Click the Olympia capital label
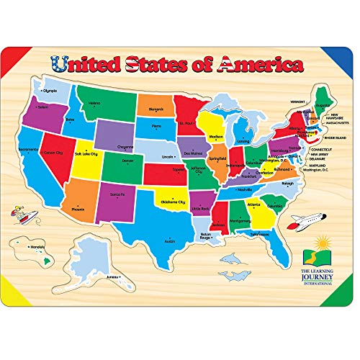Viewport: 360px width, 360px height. click(x=48, y=91)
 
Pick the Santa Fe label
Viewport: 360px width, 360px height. click(x=119, y=194)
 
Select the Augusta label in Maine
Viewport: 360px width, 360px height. click(x=322, y=104)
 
